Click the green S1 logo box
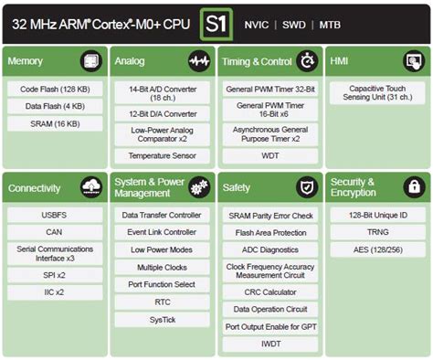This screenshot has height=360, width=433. point(217,22)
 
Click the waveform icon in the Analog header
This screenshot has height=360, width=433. point(198,61)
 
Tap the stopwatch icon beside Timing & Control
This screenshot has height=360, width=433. point(306,61)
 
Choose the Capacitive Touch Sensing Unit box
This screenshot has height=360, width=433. point(376,92)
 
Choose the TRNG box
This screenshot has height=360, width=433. point(376,232)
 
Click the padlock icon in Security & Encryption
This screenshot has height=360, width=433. point(414,188)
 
